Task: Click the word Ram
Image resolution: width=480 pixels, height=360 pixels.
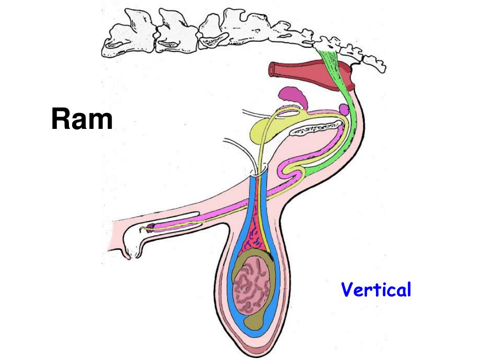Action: point(82,119)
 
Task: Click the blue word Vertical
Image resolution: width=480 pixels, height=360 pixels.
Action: point(376,290)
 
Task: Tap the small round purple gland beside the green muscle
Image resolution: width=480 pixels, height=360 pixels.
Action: point(344,110)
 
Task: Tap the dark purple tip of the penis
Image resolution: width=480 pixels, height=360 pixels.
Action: point(151,228)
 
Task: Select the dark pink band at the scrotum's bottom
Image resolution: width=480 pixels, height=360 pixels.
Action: point(254,349)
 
